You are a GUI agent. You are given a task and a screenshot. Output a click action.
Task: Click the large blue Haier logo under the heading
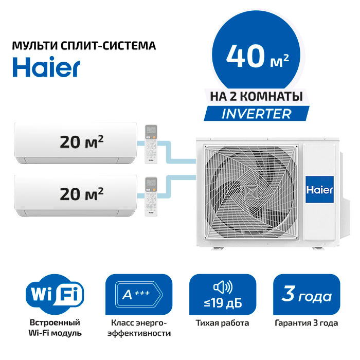(x=46, y=67)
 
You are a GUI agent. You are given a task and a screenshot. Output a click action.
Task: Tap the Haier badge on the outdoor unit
(x=319, y=189)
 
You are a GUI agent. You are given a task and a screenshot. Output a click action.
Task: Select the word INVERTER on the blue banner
(x=257, y=114)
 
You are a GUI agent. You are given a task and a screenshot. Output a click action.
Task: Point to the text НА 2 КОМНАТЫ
(x=257, y=97)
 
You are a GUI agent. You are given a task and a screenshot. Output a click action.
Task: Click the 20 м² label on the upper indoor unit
(x=82, y=141)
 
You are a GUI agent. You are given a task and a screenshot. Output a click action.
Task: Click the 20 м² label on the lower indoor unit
(x=82, y=194)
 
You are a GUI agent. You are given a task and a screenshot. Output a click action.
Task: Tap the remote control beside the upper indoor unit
(x=151, y=144)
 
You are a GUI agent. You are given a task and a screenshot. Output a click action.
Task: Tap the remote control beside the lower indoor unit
(x=151, y=197)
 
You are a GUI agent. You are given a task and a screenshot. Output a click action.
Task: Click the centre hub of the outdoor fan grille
(x=251, y=193)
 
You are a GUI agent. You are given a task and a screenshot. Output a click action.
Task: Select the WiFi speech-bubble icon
(x=55, y=294)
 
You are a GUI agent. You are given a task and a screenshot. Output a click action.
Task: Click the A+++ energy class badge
(x=139, y=294)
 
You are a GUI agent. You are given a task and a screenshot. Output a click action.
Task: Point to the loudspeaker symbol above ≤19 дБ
(x=223, y=287)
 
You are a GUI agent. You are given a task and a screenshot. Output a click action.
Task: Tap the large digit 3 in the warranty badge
(x=288, y=294)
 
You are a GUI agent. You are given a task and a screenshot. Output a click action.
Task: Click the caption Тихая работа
(x=222, y=323)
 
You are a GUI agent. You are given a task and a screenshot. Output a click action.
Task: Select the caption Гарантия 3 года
(x=307, y=323)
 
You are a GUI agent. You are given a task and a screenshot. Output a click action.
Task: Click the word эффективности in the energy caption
(x=139, y=333)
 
